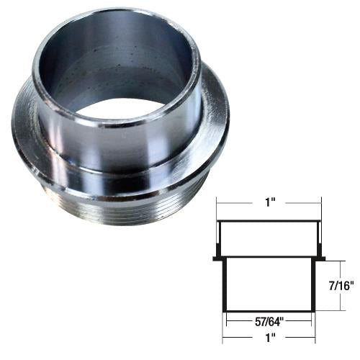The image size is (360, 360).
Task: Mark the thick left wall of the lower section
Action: [225, 285]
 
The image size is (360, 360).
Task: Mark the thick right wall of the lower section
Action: [312, 285]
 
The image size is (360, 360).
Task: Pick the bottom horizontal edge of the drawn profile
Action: [268, 310]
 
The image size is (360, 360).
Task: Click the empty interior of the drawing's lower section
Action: [268, 285]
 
